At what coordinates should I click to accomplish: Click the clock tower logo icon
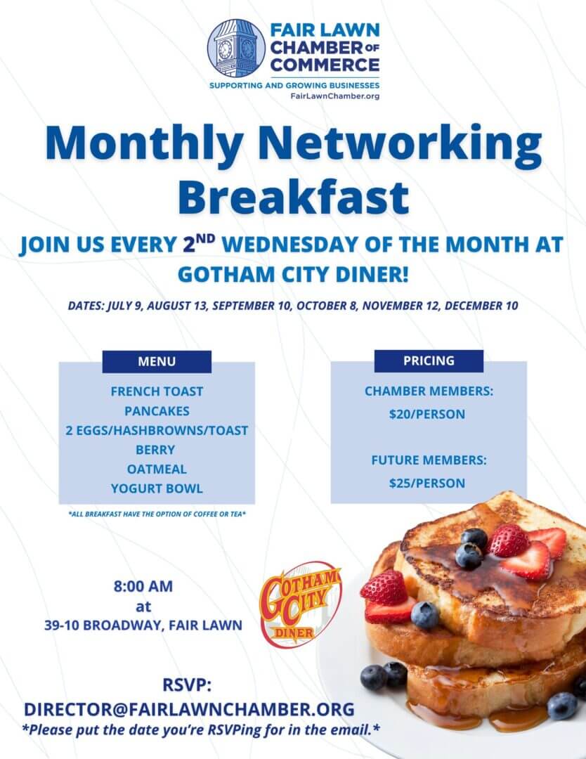(236, 48)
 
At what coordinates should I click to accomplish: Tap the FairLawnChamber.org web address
(335, 96)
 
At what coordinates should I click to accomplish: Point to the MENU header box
(157, 362)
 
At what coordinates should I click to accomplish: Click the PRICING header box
(429, 361)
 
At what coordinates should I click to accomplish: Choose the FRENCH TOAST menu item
(157, 391)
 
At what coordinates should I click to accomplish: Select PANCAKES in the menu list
(157, 411)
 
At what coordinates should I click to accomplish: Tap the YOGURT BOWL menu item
(157, 488)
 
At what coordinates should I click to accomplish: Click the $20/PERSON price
(427, 415)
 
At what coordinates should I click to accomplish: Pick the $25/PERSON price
(427, 483)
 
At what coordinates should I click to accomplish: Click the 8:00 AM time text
(143, 586)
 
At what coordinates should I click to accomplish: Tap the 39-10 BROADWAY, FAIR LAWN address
(143, 625)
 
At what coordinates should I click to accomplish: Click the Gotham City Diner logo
(301, 604)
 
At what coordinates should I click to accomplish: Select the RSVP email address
(189, 709)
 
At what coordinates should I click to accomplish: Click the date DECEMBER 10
(481, 306)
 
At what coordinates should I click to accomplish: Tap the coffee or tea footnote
(157, 514)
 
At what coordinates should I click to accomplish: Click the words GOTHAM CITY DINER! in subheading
(293, 275)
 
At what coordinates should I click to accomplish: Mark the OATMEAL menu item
(157, 469)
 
